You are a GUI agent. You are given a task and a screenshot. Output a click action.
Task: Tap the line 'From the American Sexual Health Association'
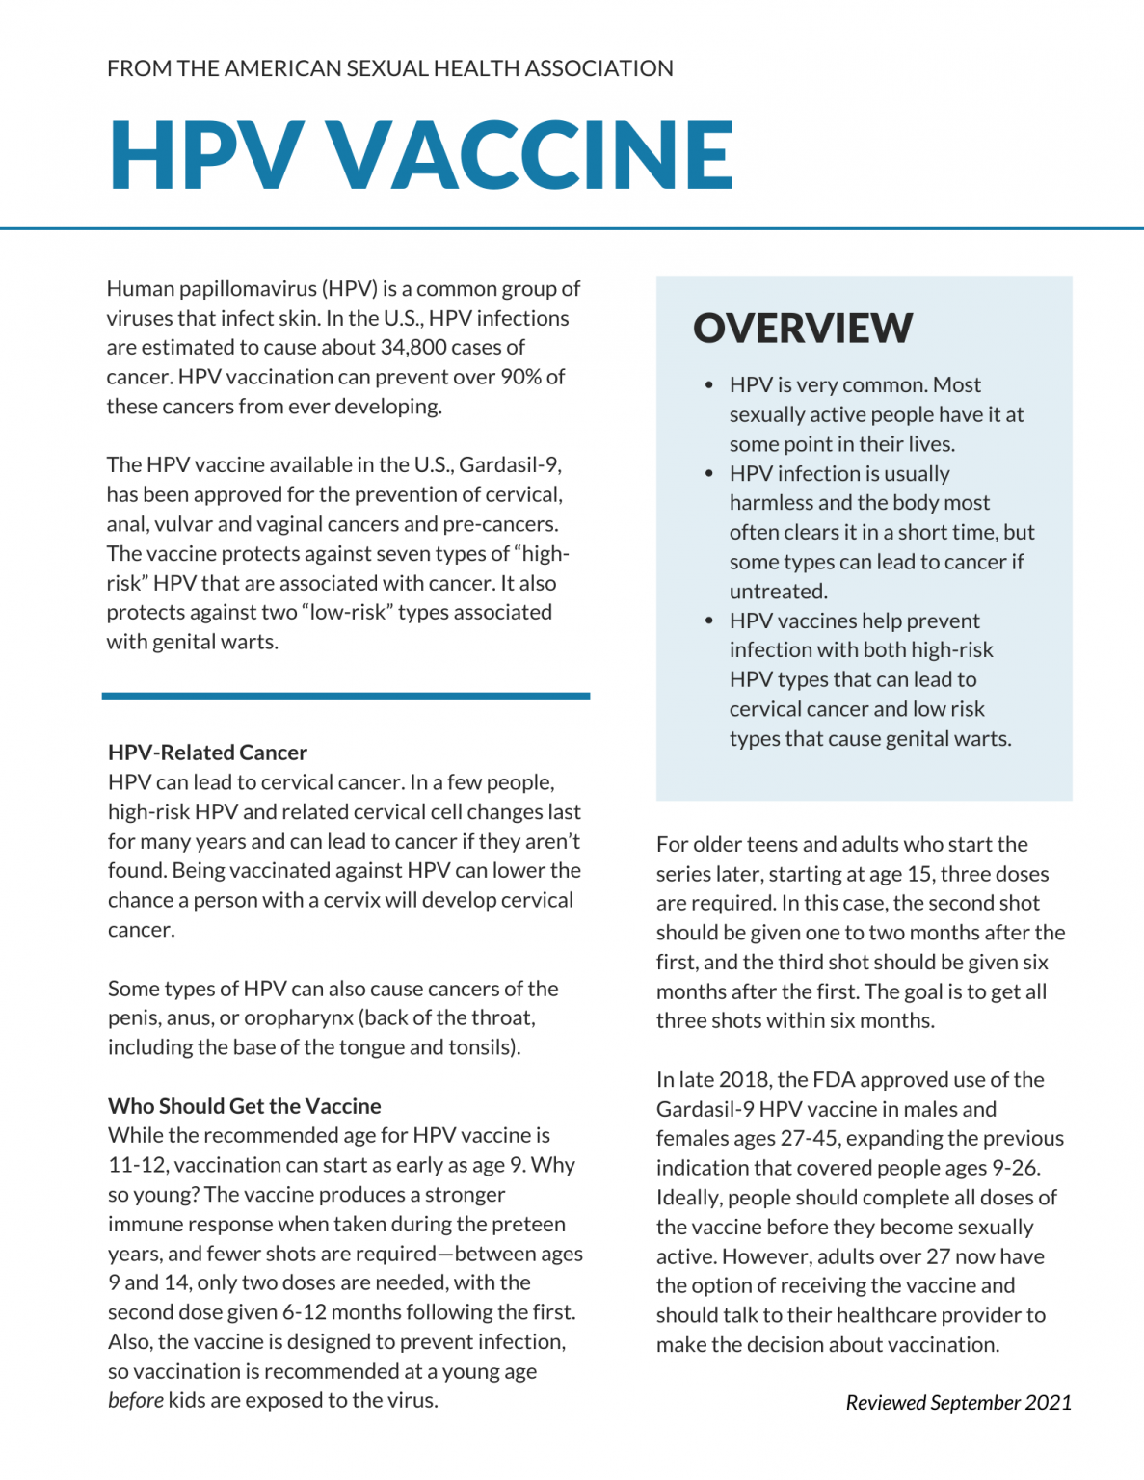click(389, 68)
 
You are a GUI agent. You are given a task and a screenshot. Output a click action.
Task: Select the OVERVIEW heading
click(802, 328)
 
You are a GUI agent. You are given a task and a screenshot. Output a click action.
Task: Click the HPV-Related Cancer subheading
click(207, 753)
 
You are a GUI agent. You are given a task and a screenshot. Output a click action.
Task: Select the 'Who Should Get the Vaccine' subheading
click(244, 1106)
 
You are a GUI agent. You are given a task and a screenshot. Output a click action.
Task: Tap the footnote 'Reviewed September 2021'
click(958, 1403)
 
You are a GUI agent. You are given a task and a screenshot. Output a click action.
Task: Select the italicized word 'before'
click(135, 1401)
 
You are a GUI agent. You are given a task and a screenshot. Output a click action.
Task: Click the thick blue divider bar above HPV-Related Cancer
click(345, 695)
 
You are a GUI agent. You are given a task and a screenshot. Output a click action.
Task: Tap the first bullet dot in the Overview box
click(709, 385)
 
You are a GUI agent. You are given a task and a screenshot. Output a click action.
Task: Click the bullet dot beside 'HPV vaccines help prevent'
click(709, 621)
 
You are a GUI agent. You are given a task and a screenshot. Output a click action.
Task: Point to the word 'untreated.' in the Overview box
click(778, 592)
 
